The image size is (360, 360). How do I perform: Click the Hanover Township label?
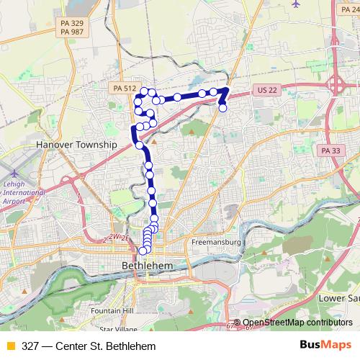(x=76, y=144)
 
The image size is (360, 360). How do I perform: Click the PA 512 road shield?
(x=125, y=88)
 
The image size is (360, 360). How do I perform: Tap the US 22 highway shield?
(x=265, y=91)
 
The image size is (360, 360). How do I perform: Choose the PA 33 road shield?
(x=330, y=150)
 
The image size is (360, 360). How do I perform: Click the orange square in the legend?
(x=10, y=346)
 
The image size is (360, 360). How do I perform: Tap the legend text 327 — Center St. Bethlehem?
(x=89, y=346)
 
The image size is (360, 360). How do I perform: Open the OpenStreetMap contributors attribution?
(x=297, y=323)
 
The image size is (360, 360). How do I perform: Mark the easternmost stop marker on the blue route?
(x=222, y=108)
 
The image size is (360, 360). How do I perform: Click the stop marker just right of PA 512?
(x=144, y=91)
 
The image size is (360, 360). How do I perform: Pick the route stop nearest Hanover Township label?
(x=140, y=145)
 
